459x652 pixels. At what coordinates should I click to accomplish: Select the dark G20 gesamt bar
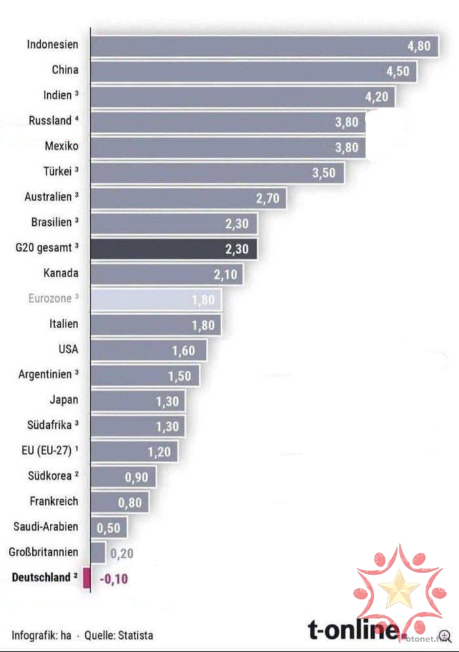coord(173,249)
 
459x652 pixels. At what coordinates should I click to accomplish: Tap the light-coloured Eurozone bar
coord(155,299)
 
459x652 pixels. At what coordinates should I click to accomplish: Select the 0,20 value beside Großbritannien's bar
coord(122,554)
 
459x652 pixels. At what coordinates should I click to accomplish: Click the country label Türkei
coord(57,172)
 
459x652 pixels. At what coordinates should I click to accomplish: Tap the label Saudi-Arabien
coord(46,527)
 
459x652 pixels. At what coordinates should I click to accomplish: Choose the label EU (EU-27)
coord(47,451)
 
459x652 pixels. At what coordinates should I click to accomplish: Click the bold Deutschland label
coord(41,578)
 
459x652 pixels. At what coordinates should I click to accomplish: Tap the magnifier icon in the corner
coord(446,636)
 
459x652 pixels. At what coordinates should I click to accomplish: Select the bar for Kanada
coord(166,274)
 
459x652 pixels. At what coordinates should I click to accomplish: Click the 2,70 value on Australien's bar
coord(267,198)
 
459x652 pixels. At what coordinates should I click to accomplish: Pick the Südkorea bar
coord(123,477)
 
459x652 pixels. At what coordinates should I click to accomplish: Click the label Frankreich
coord(54,502)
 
